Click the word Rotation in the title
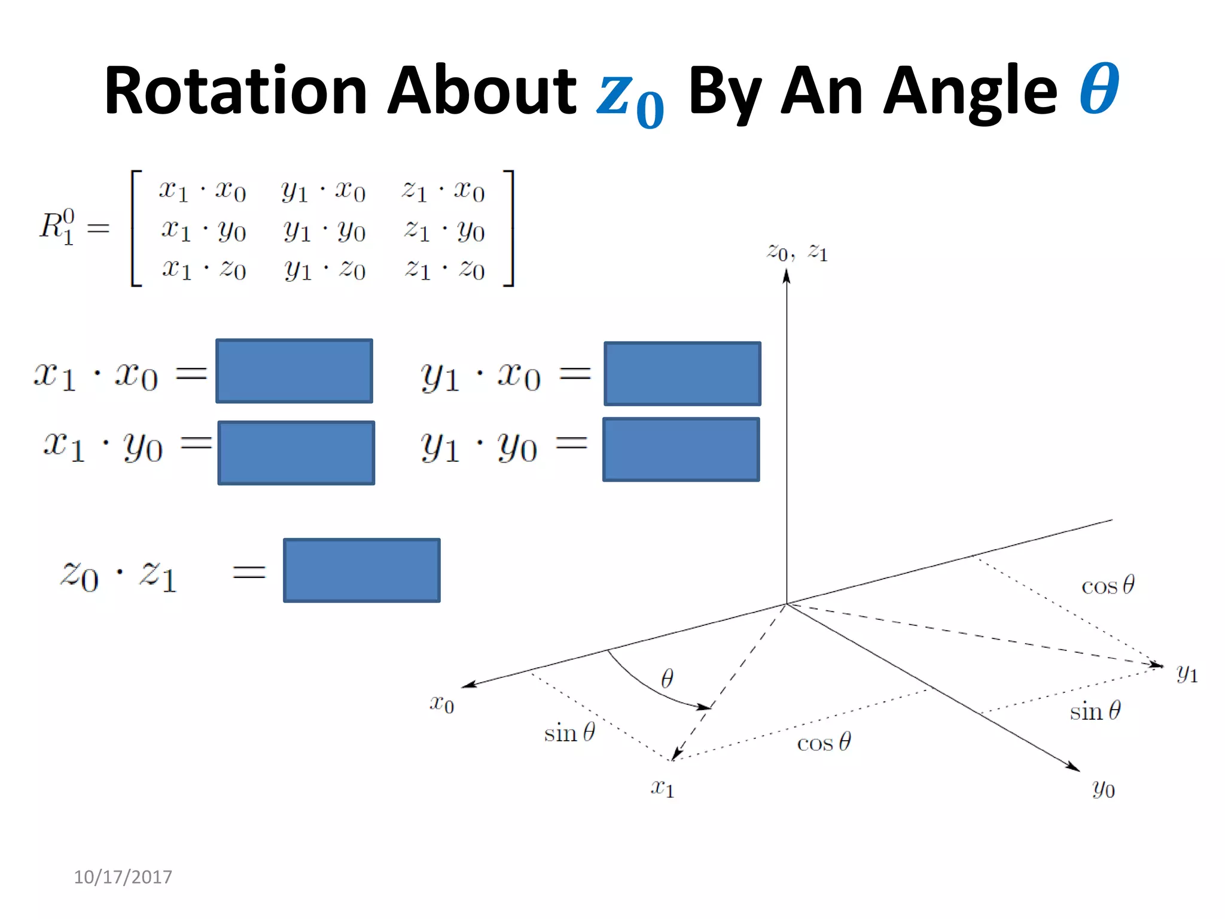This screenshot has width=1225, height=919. (234, 91)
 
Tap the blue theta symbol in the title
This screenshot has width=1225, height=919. (1099, 90)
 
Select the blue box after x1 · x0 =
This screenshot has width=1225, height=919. (294, 371)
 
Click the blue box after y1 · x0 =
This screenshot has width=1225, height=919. (682, 374)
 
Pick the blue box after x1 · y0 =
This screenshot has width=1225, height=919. (296, 453)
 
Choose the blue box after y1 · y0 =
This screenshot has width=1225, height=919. (681, 449)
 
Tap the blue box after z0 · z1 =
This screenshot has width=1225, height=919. (361, 570)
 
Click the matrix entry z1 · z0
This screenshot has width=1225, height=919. (444, 269)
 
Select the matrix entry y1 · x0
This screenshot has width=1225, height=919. (323, 191)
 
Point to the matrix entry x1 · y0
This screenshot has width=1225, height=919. (203, 230)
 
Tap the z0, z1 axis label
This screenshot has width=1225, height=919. (797, 252)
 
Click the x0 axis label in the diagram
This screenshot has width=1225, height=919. (442, 704)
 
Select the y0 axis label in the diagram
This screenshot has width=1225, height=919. (1103, 789)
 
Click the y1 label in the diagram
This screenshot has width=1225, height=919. (1187, 674)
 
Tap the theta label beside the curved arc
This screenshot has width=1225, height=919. (667, 678)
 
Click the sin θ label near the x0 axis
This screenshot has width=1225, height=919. (569, 732)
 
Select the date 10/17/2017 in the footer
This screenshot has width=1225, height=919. (123, 877)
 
